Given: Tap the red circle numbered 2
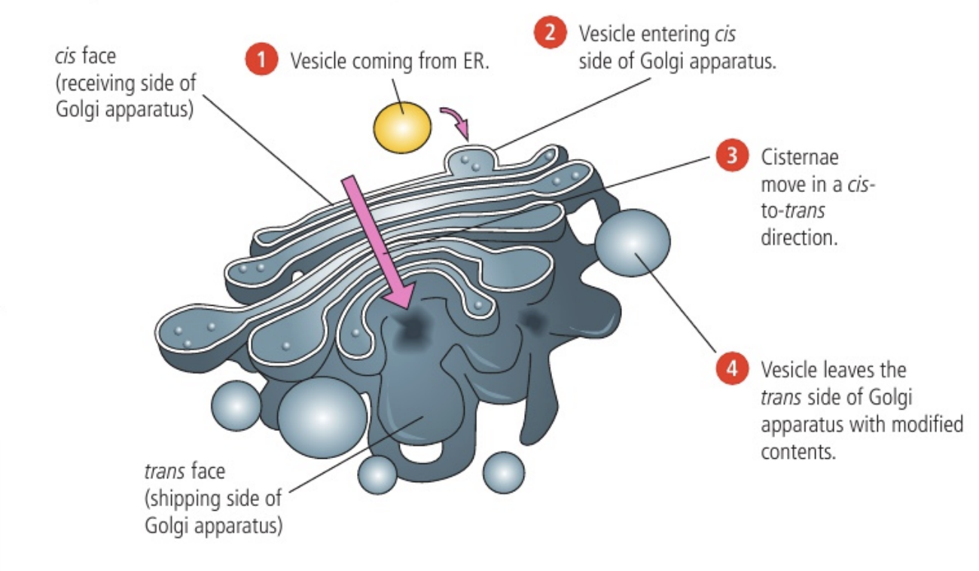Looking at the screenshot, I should tap(549, 34).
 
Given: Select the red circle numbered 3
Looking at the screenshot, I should tap(730, 157).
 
